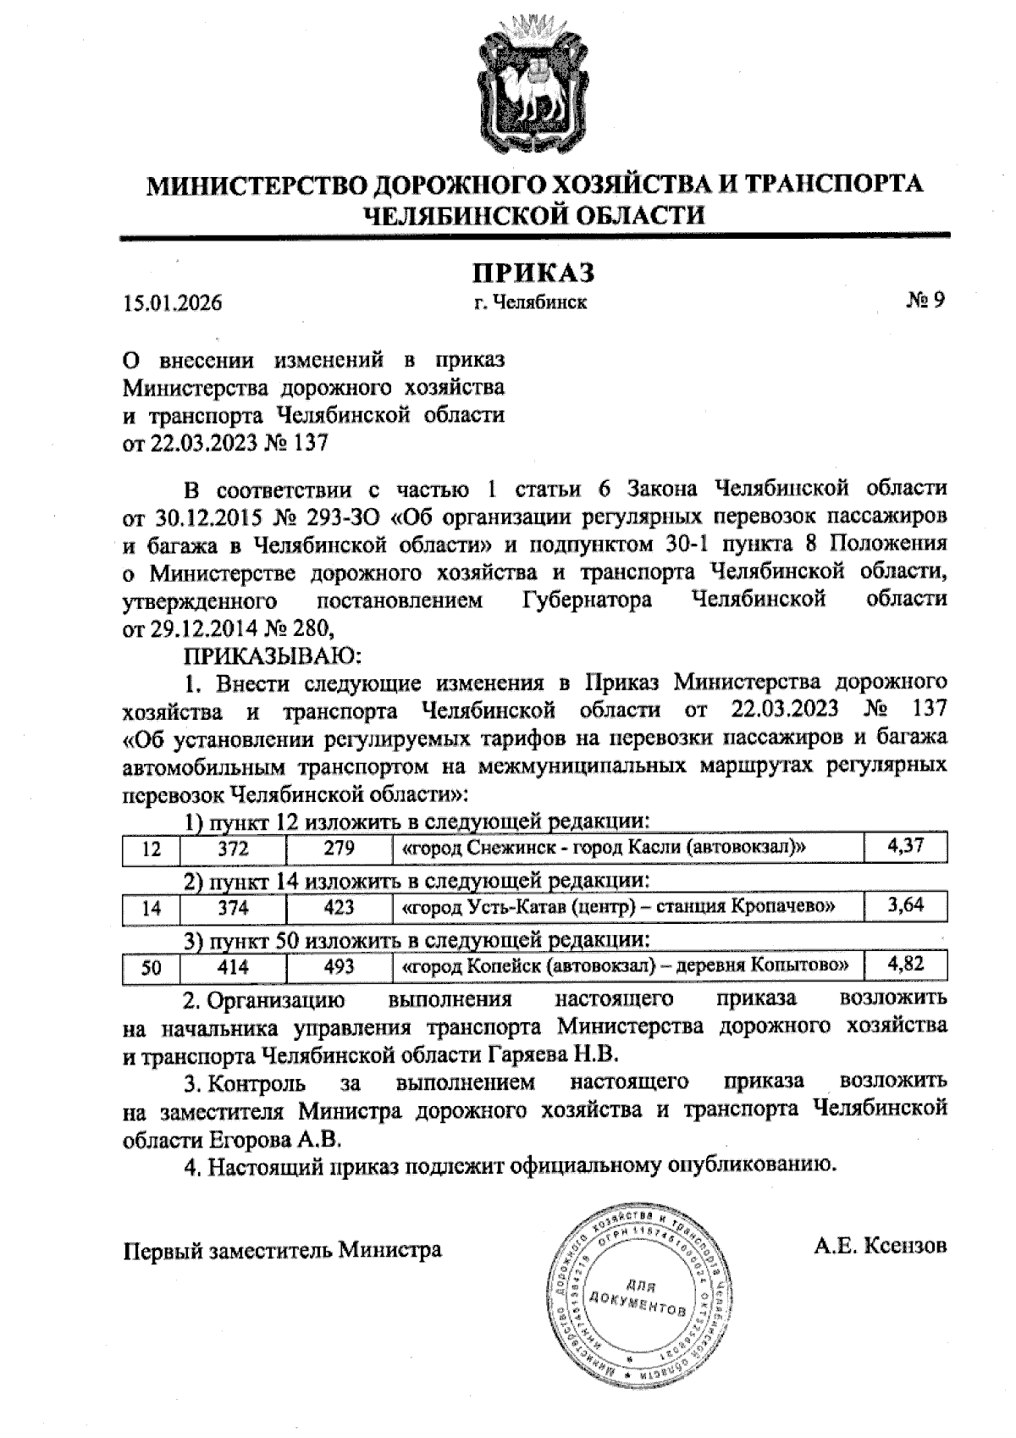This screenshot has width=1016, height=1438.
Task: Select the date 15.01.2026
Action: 173,302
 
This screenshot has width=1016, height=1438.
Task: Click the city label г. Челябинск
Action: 531,301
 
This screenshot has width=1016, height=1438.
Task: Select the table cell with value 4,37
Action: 904,846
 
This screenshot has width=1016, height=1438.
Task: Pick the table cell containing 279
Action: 339,849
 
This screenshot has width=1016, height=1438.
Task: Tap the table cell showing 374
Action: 232,908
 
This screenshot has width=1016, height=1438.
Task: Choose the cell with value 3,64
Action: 904,905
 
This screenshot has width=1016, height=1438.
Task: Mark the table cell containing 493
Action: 339,967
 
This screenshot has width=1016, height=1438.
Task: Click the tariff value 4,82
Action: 904,965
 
